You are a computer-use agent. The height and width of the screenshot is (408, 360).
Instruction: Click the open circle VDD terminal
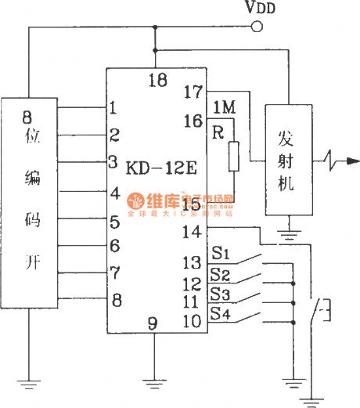tap(255, 28)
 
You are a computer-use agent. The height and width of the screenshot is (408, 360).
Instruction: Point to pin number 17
tap(193, 92)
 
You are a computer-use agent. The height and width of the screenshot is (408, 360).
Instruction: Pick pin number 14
tap(193, 232)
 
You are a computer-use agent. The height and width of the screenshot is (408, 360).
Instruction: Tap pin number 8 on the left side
tap(116, 300)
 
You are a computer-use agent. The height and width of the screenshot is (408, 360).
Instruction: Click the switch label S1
tap(220, 253)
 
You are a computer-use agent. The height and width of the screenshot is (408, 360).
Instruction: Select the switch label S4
tap(220, 316)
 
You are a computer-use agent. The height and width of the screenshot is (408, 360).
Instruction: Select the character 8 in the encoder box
tap(27, 119)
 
